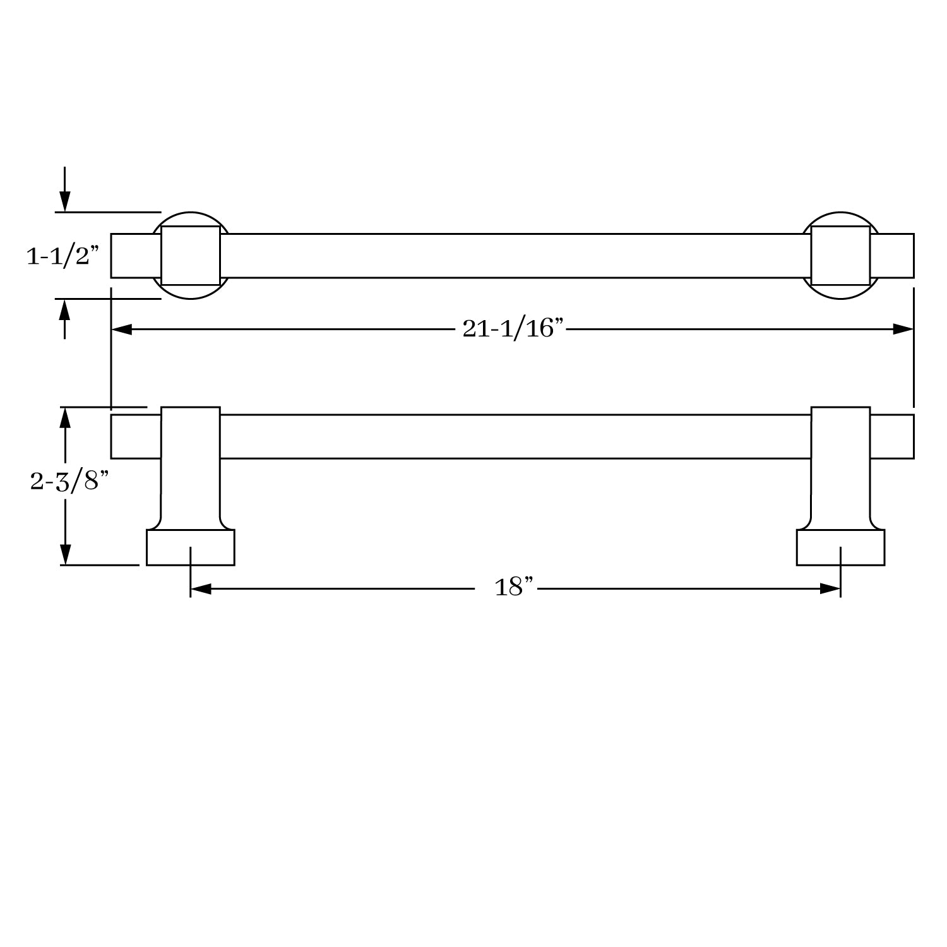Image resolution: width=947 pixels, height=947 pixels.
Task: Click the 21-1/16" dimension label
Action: tap(512, 328)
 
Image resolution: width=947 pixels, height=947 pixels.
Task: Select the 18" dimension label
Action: tap(514, 588)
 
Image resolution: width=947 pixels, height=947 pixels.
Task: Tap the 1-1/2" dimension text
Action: tap(63, 256)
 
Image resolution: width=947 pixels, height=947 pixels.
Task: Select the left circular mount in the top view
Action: tap(191, 256)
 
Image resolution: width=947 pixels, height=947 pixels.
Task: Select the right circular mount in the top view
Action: tap(840, 256)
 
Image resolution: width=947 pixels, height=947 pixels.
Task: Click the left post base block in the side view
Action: tap(191, 547)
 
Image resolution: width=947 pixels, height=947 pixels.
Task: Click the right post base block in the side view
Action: tap(840, 547)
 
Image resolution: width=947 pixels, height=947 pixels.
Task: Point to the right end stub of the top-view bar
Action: tap(892, 256)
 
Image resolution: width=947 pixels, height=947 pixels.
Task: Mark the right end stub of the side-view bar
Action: tap(892, 436)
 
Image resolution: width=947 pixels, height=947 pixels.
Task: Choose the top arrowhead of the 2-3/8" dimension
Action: tap(64, 417)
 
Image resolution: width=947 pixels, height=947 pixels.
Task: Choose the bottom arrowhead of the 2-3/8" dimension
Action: tap(64, 555)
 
